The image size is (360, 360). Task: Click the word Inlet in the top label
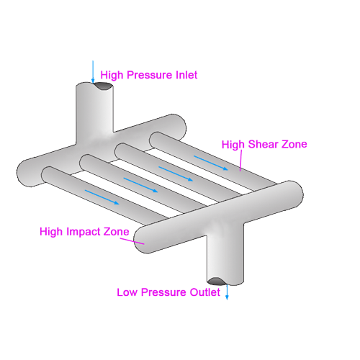(x=186, y=75)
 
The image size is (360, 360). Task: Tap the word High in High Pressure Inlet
(x=112, y=76)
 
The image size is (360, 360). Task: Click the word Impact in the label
(x=84, y=232)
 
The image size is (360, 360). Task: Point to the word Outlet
(x=204, y=292)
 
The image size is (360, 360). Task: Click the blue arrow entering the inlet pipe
(x=93, y=71)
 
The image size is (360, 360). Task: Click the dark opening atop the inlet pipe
(x=103, y=86)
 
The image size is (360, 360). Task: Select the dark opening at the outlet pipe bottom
(x=217, y=281)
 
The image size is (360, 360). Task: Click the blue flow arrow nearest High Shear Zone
(x=210, y=163)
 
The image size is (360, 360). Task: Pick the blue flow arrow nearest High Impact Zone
(x=102, y=197)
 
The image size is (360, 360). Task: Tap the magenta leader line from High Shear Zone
(x=240, y=161)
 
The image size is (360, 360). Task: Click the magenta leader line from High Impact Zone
(x=132, y=241)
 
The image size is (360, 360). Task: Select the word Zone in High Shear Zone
(x=294, y=144)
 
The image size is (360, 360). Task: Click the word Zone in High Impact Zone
(x=117, y=232)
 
